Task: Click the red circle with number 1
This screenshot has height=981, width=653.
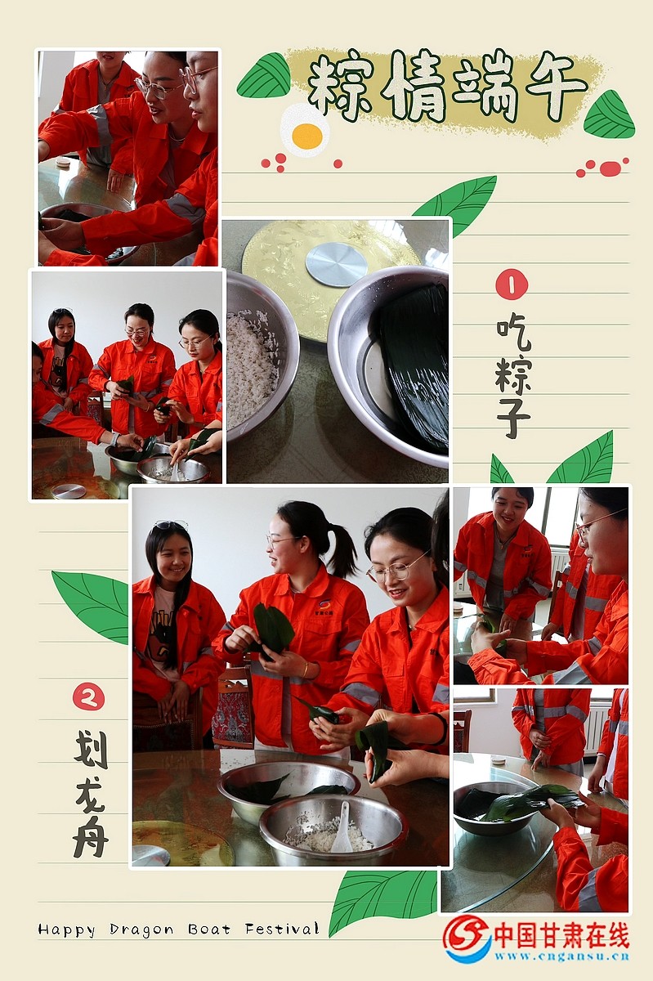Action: coord(512,284)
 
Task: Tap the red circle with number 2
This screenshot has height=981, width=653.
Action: coord(88,697)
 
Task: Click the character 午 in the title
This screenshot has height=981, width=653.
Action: coord(555,87)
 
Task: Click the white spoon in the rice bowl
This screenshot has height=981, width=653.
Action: coord(342,826)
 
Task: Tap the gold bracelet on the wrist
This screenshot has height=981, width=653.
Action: coord(306,670)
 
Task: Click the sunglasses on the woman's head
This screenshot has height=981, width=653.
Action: coord(170,525)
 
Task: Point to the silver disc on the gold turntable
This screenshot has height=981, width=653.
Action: coord(336,264)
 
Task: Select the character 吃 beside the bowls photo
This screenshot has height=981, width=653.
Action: coord(513,335)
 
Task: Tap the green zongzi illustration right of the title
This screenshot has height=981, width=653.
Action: coord(609,114)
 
